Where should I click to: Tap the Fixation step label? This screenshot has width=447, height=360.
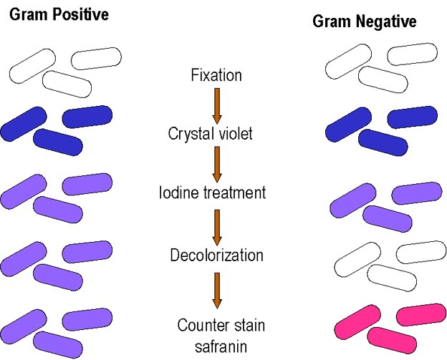tap(216, 74)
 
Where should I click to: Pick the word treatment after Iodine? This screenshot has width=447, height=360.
tap(233, 193)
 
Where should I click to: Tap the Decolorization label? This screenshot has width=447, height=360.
tap(216, 255)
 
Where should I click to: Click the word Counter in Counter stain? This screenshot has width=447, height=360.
tap(203, 326)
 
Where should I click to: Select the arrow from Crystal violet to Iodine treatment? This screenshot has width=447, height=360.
tap(218, 163)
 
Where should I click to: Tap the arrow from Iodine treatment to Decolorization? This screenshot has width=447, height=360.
tap(218, 224)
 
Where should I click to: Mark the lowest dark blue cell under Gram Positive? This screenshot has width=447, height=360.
tap(57, 142)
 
